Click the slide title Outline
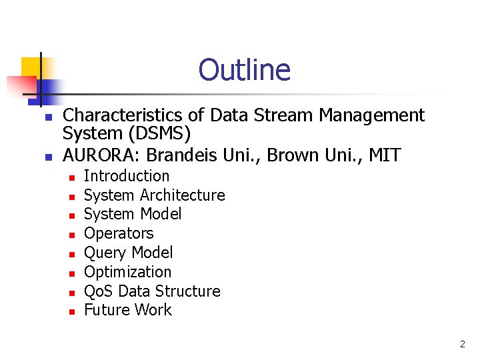click(244, 70)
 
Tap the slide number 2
click(462, 345)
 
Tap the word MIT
click(385, 155)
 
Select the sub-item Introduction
click(127, 176)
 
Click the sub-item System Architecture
click(154, 195)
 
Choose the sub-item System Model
click(133, 214)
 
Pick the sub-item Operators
click(119, 233)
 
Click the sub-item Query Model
click(128, 253)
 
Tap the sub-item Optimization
click(127, 272)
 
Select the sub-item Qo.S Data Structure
click(152, 291)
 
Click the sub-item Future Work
click(127, 310)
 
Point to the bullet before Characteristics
click(47, 117)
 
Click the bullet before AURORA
click(47, 157)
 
